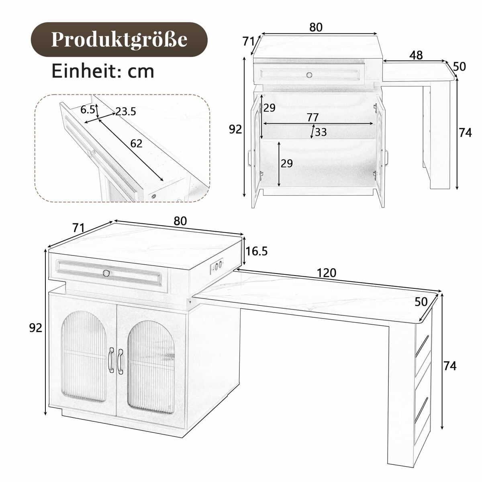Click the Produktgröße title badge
pyautogui.click(x=119, y=39)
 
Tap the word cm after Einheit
pyautogui.click(x=141, y=71)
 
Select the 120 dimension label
pyautogui.click(x=327, y=272)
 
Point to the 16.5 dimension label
pyautogui.click(x=256, y=251)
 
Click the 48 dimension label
pyautogui.click(x=416, y=55)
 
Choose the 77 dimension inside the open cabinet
pyautogui.click(x=312, y=117)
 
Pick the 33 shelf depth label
pyautogui.click(x=321, y=132)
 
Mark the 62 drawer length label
pyautogui.click(x=136, y=143)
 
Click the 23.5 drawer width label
pyautogui.click(x=126, y=111)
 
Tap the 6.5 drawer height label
pyautogui.click(x=88, y=109)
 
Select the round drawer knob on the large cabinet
pyautogui.click(x=106, y=273)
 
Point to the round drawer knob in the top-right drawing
pyautogui.click(x=309, y=75)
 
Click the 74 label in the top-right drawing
pyautogui.click(x=465, y=133)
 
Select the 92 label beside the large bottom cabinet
pyautogui.click(x=36, y=328)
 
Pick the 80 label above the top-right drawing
pyautogui.click(x=316, y=27)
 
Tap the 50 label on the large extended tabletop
pyautogui.click(x=421, y=302)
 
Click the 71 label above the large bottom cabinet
pyautogui.click(x=79, y=228)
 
